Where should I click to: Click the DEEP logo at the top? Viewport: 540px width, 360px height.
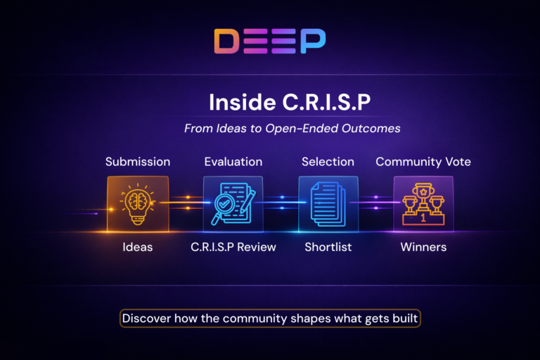pos(270,41)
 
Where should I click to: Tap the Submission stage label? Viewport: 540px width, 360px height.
pos(138,162)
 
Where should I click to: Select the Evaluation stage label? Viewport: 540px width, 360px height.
pos(233,162)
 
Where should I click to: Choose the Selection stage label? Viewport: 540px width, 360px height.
pos(328,162)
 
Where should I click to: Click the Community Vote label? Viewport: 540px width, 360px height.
pos(423,162)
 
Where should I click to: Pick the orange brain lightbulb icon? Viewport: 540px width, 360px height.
pos(138,204)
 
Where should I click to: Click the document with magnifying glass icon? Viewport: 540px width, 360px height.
pos(233,204)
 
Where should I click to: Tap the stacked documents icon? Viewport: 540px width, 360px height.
pos(328,204)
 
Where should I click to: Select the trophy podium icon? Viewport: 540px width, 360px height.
pos(423,204)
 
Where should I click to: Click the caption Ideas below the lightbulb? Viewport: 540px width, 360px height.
pos(138,247)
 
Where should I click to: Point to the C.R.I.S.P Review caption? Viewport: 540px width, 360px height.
pos(233,247)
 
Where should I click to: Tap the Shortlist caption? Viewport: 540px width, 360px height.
pos(328,247)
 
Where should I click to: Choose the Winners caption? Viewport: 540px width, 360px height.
pos(423,247)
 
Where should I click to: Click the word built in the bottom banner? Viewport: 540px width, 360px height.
pos(404,319)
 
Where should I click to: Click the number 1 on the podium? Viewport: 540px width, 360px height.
pos(423,218)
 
